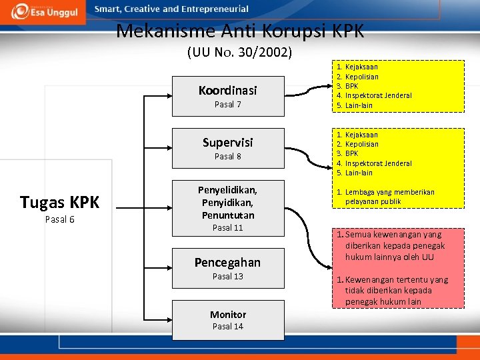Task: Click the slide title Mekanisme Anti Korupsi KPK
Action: coord(239,31)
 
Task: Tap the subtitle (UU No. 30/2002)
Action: coord(239,52)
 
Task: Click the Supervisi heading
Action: coord(228,142)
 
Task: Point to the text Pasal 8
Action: coord(228,157)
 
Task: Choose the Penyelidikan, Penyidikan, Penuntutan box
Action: coord(228,207)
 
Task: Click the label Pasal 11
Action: coord(228,228)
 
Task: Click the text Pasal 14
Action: coord(228,327)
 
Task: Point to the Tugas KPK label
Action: coord(59,202)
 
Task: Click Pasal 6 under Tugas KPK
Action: coord(59,220)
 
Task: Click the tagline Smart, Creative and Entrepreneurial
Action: coord(171,9)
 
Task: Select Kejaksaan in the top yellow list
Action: coord(361,67)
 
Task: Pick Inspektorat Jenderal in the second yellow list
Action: coord(378,163)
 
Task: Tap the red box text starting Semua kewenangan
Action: coord(395,245)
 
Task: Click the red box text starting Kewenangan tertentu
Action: coord(396,291)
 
